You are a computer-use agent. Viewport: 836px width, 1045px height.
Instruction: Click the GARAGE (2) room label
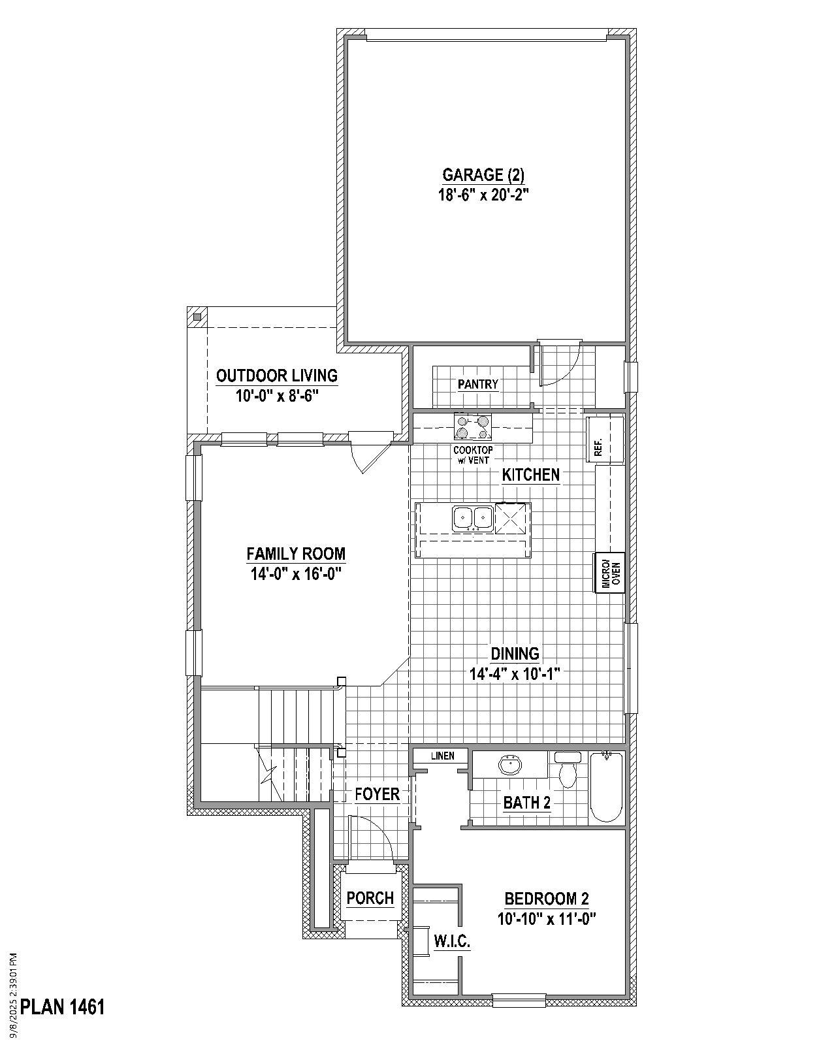click(x=483, y=175)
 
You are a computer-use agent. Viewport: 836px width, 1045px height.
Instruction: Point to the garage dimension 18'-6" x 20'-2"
click(x=483, y=195)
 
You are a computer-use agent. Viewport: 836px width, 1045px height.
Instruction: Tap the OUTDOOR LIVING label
click(x=277, y=376)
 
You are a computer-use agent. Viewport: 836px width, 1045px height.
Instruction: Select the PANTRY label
click(x=478, y=385)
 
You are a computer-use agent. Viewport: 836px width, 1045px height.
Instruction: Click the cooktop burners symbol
click(x=472, y=428)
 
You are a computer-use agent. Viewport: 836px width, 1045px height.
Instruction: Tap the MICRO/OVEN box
click(x=609, y=573)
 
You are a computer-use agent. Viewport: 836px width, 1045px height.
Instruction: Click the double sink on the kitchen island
click(x=472, y=518)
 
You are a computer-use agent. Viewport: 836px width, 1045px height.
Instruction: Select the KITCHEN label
click(x=530, y=475)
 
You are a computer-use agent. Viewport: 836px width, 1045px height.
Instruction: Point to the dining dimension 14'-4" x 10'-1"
click(x=515, y=674)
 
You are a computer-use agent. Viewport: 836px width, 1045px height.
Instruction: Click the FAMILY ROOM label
click(x=296, y=554)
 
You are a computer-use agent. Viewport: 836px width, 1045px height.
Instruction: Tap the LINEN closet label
click(x=442, y=756)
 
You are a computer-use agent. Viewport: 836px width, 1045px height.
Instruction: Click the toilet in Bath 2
click(x=568, y=771)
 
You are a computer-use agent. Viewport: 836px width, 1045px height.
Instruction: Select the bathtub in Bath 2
click(x=606, y=787)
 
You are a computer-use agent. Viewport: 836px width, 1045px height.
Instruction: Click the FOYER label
click(x=377, y=794)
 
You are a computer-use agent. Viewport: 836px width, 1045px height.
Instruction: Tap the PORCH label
click(x=370, y=898)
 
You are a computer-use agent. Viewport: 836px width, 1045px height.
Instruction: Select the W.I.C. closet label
click(x=452, y=942)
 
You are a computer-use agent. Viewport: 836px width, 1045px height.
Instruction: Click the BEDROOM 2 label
click(x=547, y=899)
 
